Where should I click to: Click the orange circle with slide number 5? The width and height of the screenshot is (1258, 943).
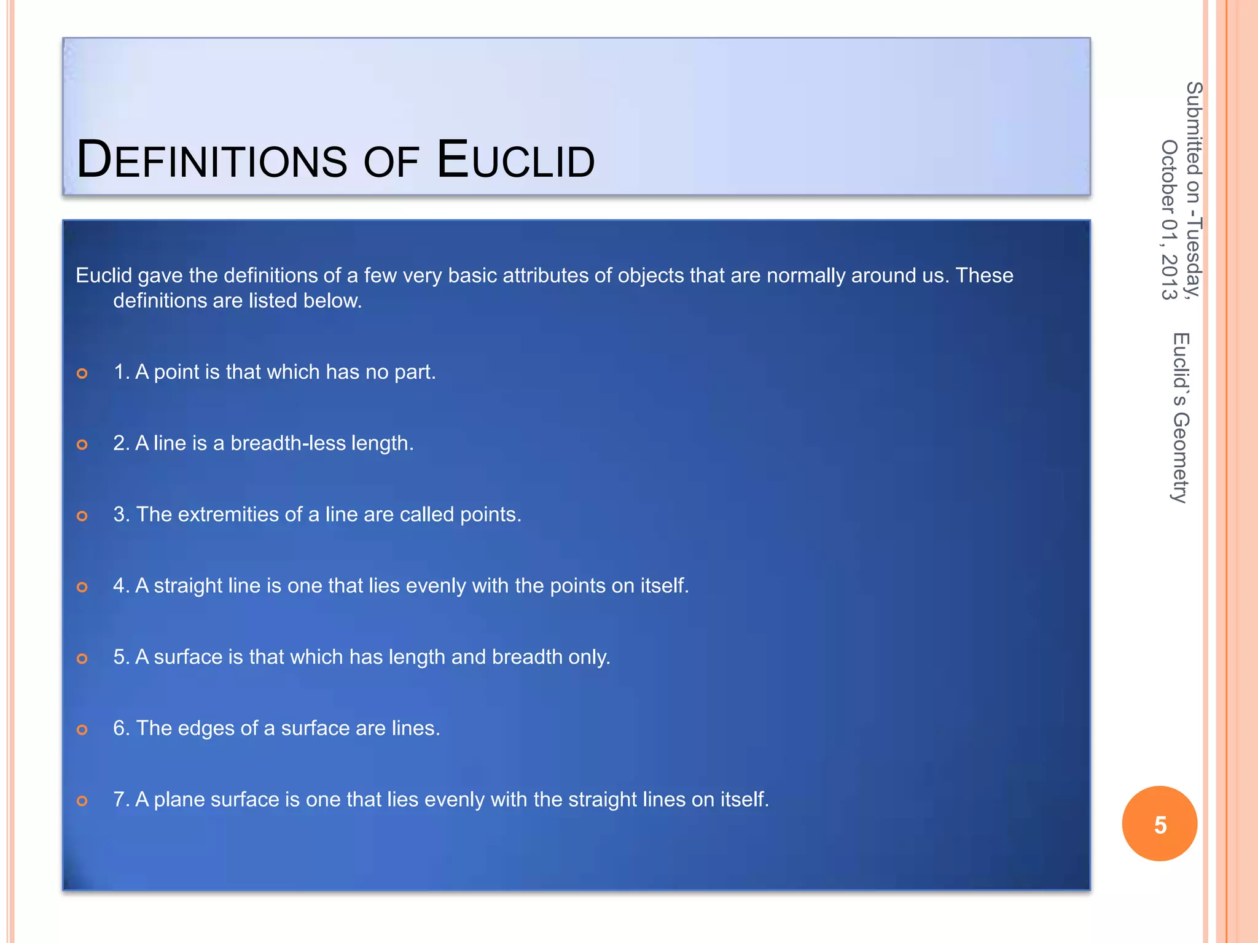[x=1159, y=824]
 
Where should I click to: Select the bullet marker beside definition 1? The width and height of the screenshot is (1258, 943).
[x=82, y=373]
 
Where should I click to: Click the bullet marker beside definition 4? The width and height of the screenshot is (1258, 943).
[x=82, y=587]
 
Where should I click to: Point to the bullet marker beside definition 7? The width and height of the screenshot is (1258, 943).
[x=82, y=801]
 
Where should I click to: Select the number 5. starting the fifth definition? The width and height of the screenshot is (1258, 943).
[x=121, y=657]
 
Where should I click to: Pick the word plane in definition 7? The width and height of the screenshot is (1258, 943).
[x=179, y=799]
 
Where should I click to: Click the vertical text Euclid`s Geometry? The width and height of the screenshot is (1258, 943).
[x=1181, y=417]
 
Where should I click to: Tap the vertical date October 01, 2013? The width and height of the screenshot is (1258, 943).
[x=1169, y=220]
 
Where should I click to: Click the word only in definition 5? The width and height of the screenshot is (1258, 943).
[x=589, y=657]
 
